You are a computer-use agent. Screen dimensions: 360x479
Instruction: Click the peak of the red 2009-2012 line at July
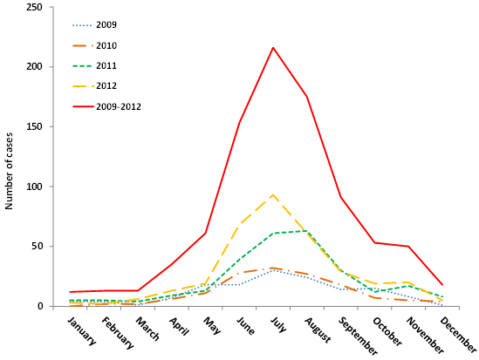[x=273, y=48]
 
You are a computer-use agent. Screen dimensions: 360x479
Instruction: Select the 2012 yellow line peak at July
[x=273, y=194]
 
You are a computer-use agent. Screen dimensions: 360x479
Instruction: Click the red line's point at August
[x=307, y=97]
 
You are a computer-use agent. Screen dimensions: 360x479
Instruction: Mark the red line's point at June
[x=239, y=123]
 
